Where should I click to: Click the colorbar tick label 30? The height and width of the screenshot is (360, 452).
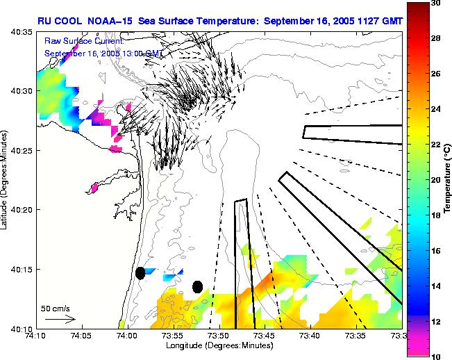(x=435, y=3)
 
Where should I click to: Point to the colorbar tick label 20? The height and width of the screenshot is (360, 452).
(x=435, y=180)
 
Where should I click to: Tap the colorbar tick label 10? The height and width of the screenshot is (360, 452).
(x=435, y=356)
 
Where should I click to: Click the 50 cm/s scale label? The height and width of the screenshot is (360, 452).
(x=53, y=308)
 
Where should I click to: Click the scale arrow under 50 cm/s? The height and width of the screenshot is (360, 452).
(x=60, y=319)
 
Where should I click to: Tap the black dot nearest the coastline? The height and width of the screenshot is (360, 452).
(x=140, y=273)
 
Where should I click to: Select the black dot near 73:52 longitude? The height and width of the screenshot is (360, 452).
(x=198, y=286)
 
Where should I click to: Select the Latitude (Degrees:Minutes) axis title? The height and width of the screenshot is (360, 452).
(x=6, y=180)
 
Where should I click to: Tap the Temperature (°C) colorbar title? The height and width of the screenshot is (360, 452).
(x=447, y=180)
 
